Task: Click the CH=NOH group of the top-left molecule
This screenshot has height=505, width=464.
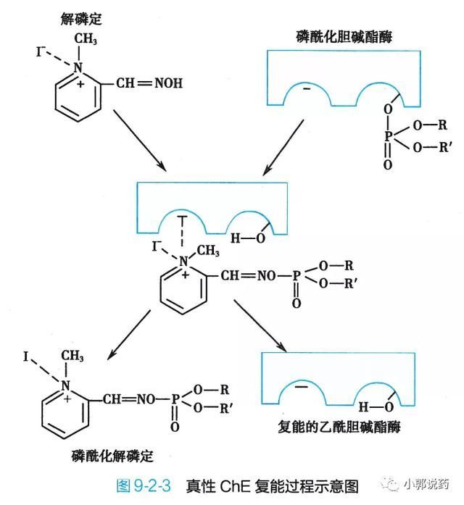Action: click(149, 83)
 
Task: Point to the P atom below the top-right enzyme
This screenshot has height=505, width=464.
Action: click(388, 135)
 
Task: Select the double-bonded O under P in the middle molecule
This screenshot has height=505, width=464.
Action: click(296, 303)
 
